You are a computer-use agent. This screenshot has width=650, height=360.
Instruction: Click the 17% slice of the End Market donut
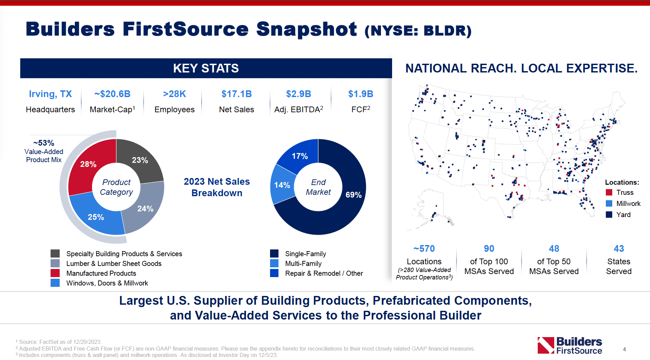[x=300, y=156]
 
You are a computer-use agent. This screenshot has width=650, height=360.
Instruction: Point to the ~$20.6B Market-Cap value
[x=112, y=94]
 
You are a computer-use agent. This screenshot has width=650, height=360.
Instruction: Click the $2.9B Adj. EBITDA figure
[x=298, y=94]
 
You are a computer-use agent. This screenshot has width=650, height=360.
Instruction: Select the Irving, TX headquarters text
[x=50, y=94]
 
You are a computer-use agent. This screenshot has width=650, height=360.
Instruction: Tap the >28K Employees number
[x=174, y=94]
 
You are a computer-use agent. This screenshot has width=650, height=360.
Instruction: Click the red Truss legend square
[x=609, y=192]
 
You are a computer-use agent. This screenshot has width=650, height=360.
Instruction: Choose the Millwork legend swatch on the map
[x=609, y=204]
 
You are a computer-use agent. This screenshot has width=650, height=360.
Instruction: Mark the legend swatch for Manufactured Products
[x=55, y=273]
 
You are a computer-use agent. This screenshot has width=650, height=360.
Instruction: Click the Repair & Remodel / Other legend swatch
[x=274, y=273]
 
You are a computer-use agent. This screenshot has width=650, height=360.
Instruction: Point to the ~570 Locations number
[x=424, y=249]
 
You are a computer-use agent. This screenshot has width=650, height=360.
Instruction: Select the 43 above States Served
[x=619, y=249]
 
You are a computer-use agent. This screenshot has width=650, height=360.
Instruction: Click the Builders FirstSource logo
[x=569, y=346]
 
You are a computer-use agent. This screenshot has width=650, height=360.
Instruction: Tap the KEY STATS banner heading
[x=206, y=68]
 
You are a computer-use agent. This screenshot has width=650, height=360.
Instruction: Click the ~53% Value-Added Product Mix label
[x=44, y=151]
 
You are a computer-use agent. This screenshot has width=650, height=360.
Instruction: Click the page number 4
[x=624, y=350]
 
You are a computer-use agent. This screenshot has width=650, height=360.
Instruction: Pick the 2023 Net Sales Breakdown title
[x=217, y=187]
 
